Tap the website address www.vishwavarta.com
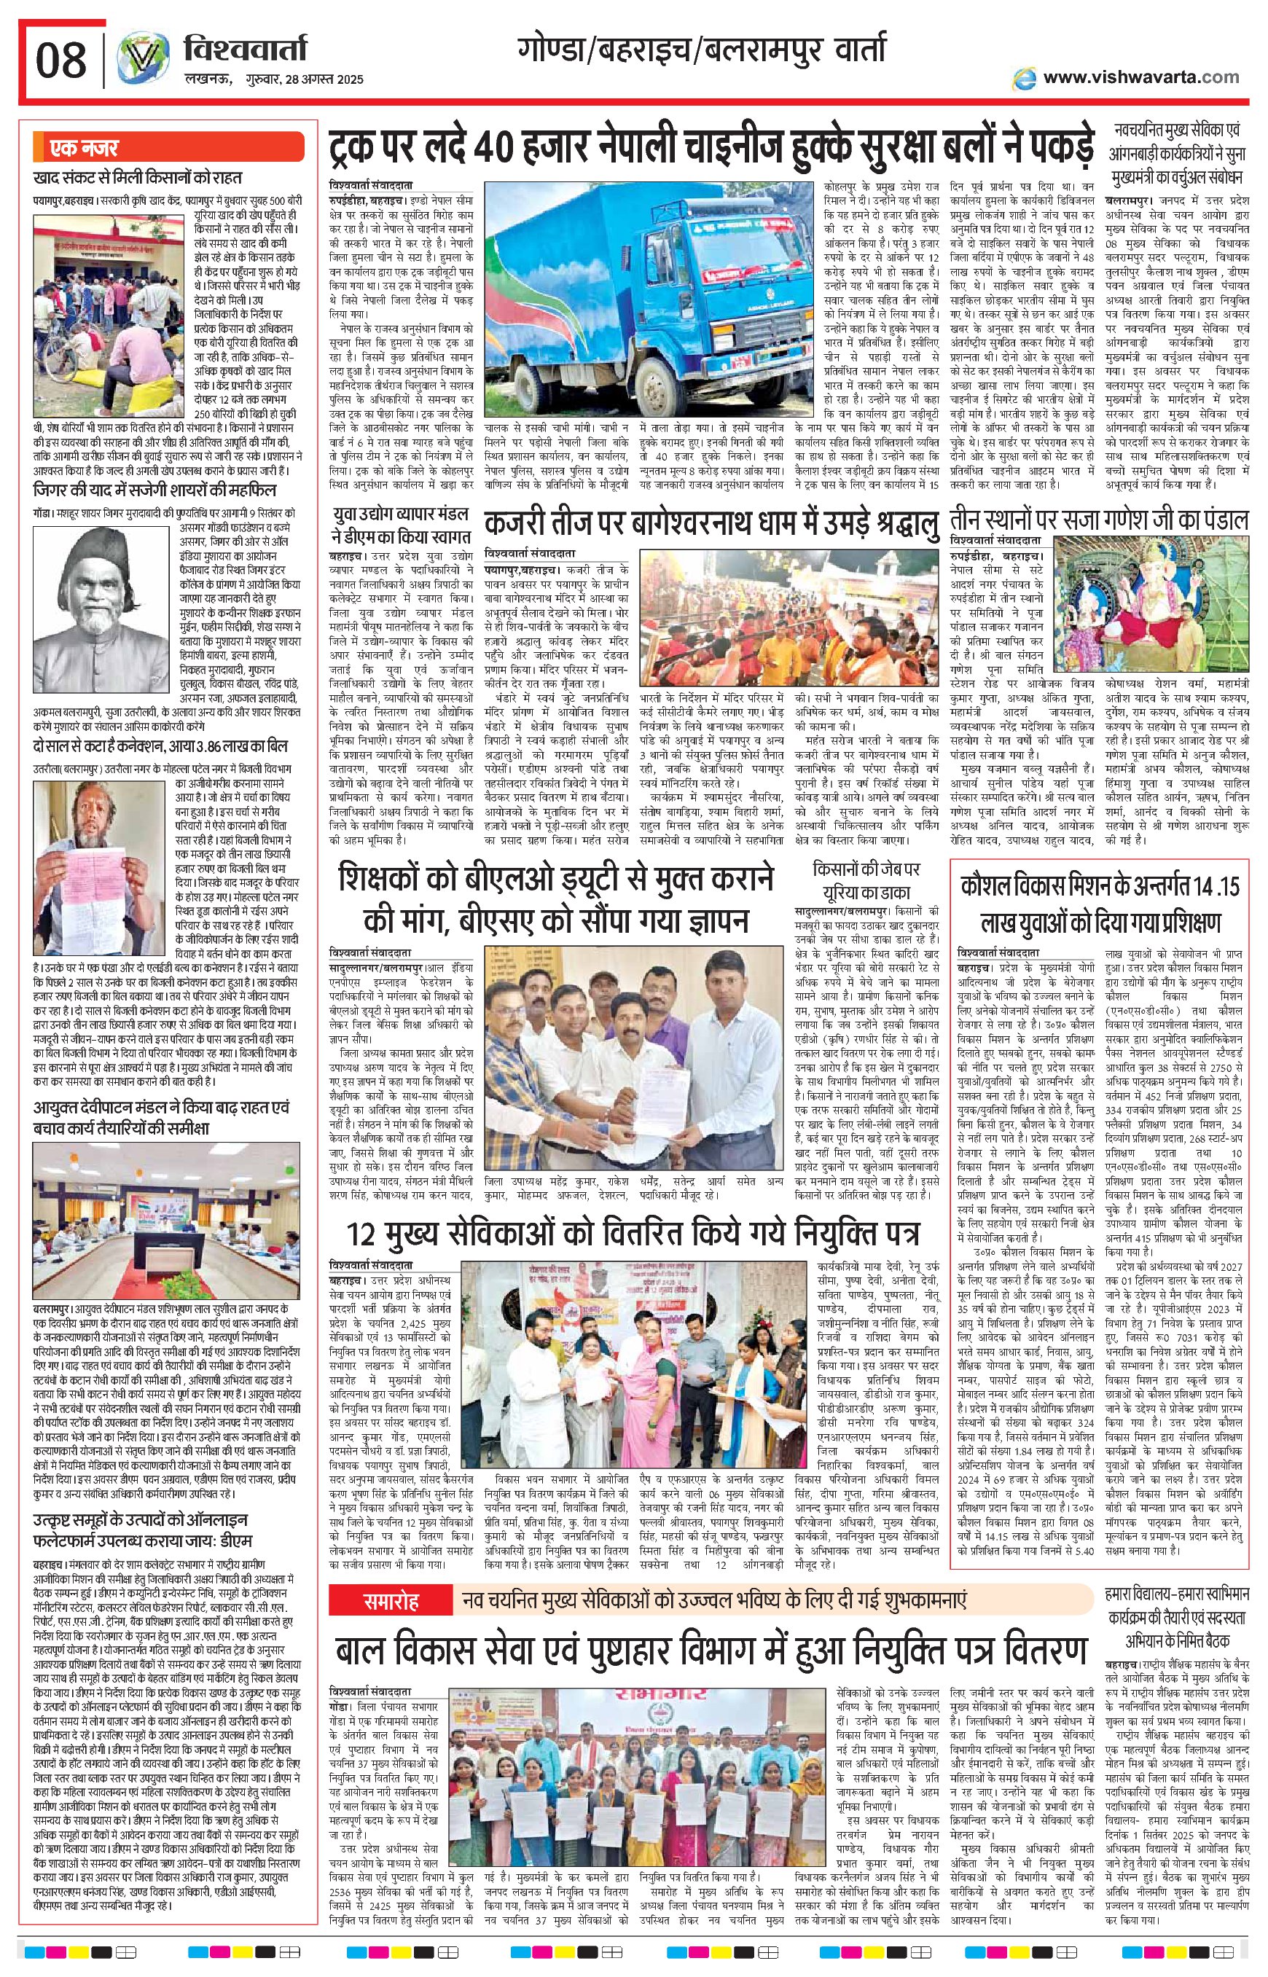pyautogui.click(x=1140, y=77)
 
